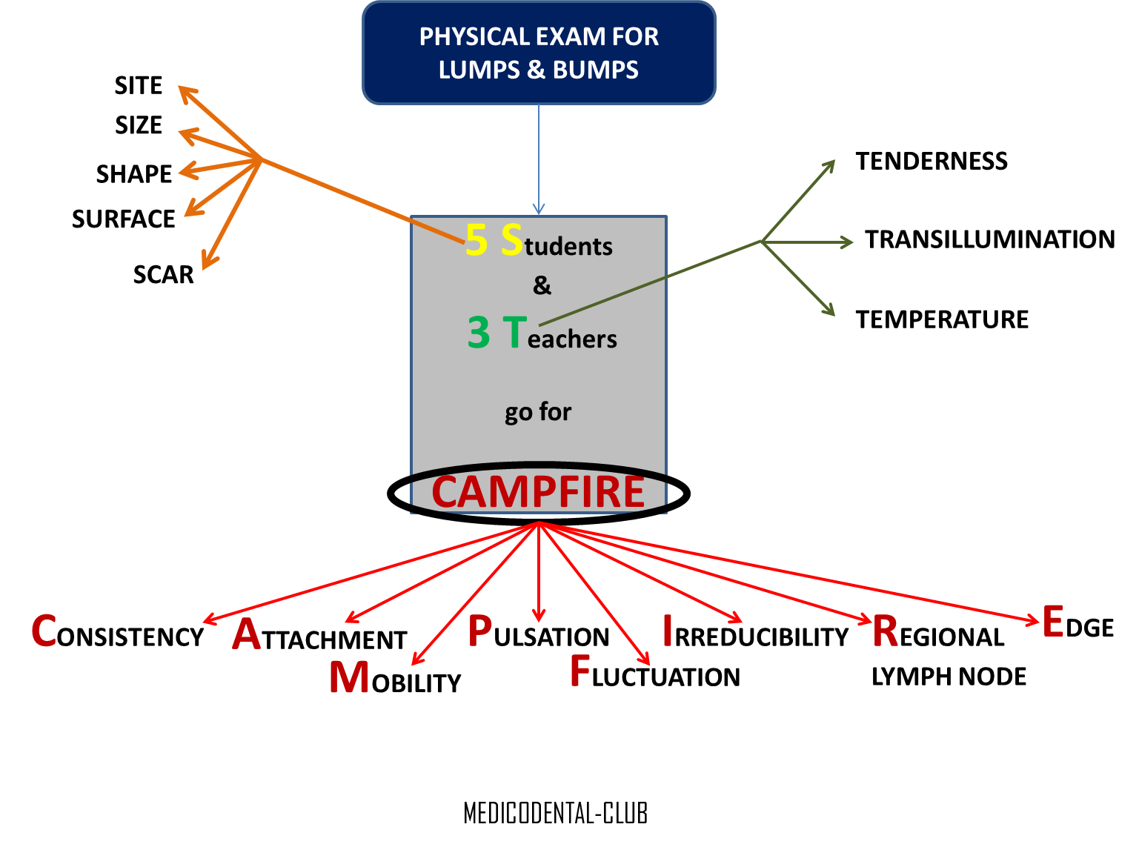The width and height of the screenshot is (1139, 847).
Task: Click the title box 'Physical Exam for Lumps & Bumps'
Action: (x=539, y=53)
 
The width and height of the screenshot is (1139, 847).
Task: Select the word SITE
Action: (x=139, y=86)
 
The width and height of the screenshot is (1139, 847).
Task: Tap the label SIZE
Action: (x=139, y=125)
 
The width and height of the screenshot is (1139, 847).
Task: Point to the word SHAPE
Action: (x=134, y=174)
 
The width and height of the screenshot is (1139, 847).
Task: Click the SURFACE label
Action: (x=124, y=219)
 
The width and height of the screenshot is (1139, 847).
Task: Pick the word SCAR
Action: (x=163, y=275)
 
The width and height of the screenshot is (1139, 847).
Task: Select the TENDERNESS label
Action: (x=932, y=162)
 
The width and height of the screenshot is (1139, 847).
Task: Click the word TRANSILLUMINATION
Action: (x=989, y=239)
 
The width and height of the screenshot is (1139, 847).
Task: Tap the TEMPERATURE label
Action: (x=942, y=319)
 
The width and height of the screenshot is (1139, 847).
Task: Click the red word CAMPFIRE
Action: (x=539, y=493)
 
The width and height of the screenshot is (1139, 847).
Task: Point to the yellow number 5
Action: (x=476, y=240)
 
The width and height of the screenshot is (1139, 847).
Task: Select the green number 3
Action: (x=479, y=333)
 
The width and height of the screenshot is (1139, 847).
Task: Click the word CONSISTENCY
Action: (x=118, y=634)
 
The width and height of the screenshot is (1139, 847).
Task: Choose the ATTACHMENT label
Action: (x=319, y=637)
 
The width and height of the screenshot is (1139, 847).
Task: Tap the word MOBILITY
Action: (x=395, y=679)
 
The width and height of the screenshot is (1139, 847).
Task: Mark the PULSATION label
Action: (x=539, y=634)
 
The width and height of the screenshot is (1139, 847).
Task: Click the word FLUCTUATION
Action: (x=655, y=674)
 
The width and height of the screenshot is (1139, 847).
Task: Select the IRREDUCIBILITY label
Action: (x=755, y=634)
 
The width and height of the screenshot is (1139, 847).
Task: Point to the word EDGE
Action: (x=1078, y=624)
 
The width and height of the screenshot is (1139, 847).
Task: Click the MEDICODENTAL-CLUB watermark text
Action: (x=556, y=814)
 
